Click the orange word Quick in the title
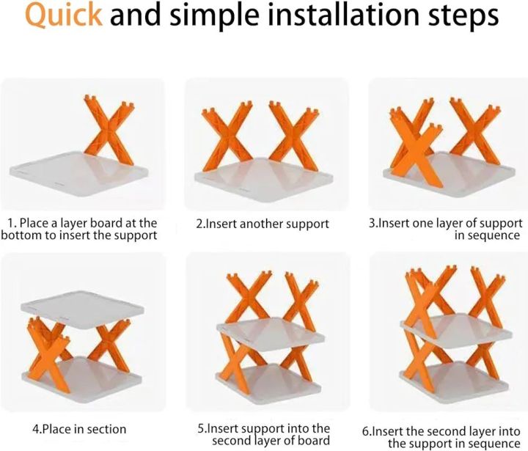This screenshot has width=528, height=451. point(64,15)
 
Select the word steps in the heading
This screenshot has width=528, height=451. point(463,17)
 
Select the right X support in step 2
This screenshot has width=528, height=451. point(293,137)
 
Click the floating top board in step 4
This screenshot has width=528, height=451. point(82,309)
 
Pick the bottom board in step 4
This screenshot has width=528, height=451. point(82,379)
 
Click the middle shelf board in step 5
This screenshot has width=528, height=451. point(271,331)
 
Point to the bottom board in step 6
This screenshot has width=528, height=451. point(455,382)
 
